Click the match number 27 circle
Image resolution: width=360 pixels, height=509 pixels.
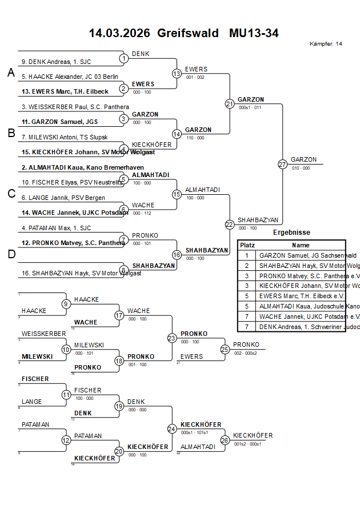pyautogui.click(x=282, y=165)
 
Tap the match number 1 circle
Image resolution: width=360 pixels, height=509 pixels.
pyautogui.click(x=123, y=58)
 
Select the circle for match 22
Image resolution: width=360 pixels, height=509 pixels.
pyautogui.click(x=230, y=225)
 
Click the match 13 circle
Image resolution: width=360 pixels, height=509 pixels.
pyautogui.click(x=177, y=74)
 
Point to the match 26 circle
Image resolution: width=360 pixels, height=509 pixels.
pyautogui.click(x=225, y=440)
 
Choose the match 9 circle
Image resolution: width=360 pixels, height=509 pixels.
pyautogui.click(x=66, y=304)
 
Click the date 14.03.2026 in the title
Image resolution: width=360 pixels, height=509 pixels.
pyautogui.click(x=119, y=33)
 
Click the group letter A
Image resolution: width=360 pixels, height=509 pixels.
pyautogui.click(x=10, y=73)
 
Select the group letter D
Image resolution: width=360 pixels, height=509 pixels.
pyautogui.click(x=10, y=254)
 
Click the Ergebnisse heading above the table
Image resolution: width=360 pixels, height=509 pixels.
pyautogui.click(x=291, y=233)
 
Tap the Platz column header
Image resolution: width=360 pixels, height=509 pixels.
pyautogui.click(x=247, y=245)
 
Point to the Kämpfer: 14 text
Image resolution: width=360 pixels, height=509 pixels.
pyautogui.click(x=326, y=44)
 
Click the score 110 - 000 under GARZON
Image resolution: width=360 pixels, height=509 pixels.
pyautogui.click(x=195, y=138)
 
